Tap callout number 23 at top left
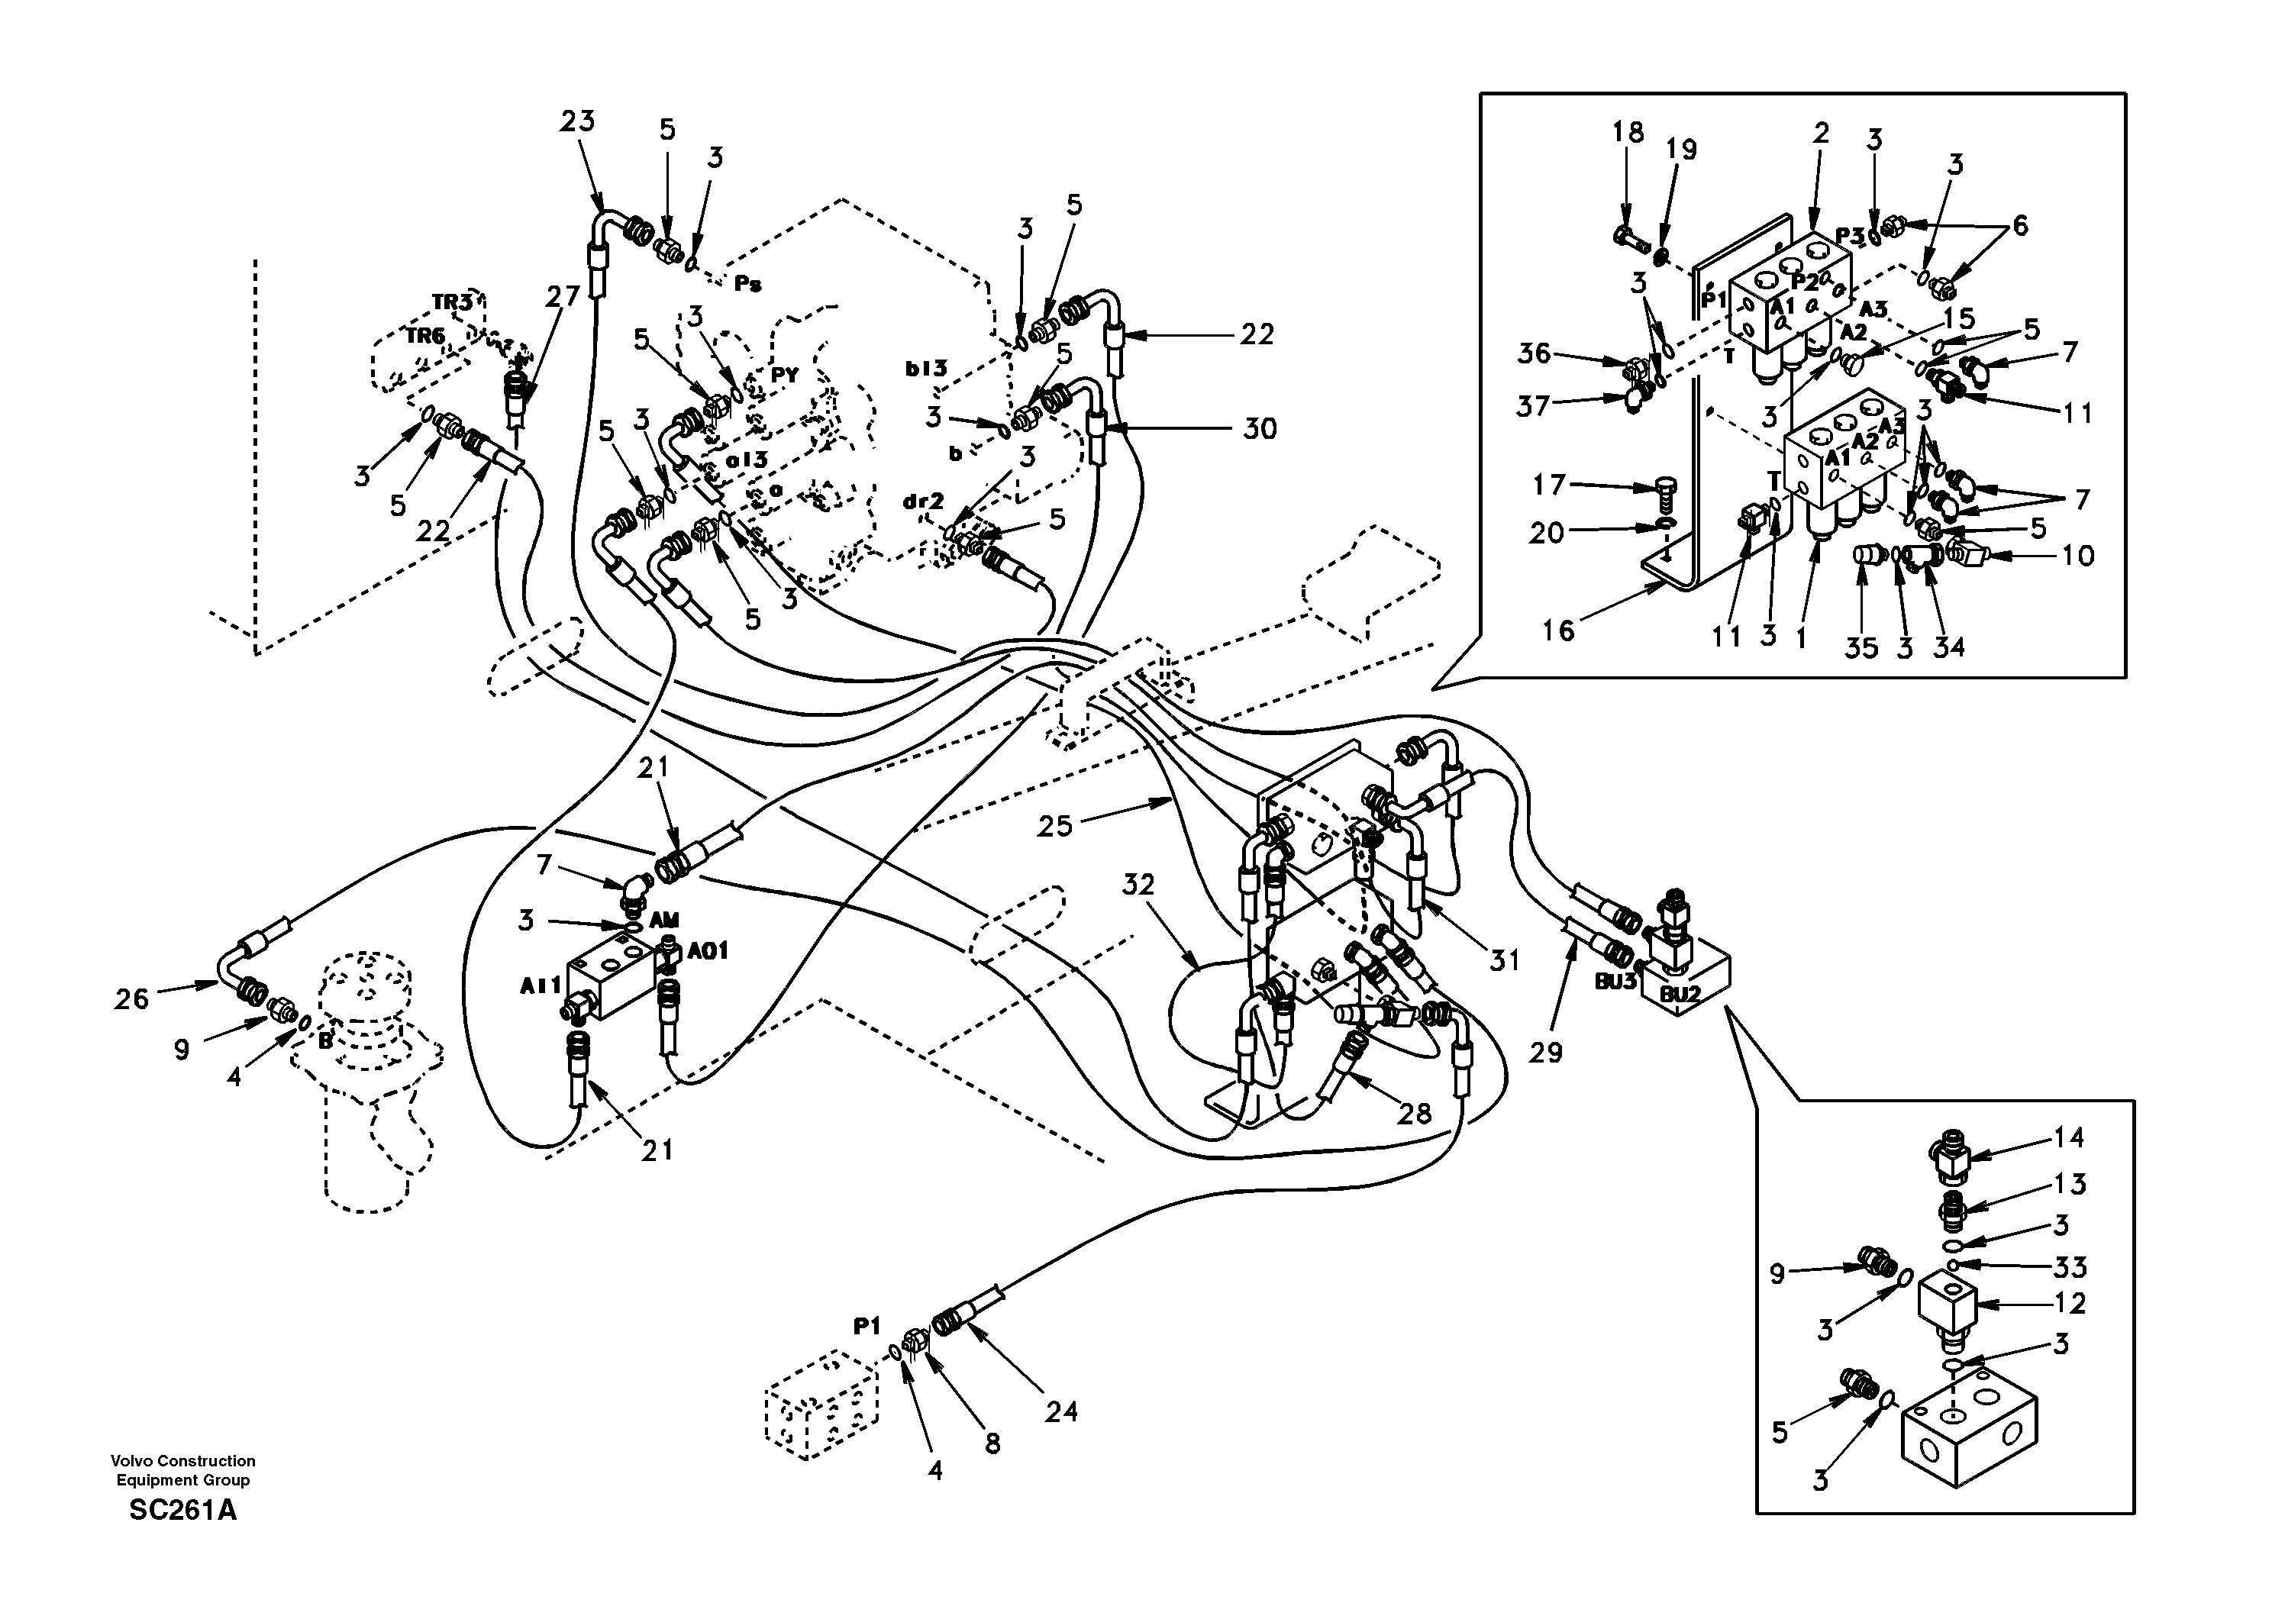point(577,121)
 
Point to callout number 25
point(1055,825)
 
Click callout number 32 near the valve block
point(1138,884)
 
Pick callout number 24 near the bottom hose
point(1060,1412)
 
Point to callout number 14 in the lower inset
point(2068,1138)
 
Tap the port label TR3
point(451,301)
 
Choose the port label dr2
point(923,502)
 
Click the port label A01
point(708,951)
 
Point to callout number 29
point(1546,1052)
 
